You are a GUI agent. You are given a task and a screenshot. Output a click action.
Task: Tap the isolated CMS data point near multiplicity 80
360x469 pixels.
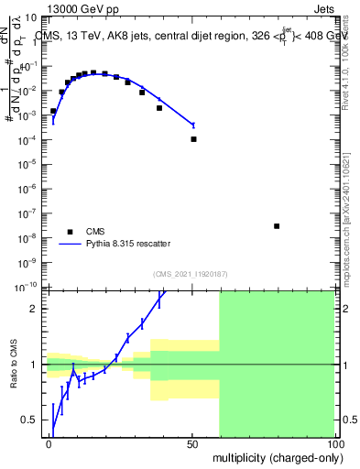(277, 225)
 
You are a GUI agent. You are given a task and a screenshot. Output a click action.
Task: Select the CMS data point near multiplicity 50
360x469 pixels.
(193, 139)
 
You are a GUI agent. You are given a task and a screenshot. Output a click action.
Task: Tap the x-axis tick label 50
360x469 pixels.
(192, 443)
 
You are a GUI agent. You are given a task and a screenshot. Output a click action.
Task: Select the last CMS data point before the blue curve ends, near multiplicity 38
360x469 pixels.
(159, 108)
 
